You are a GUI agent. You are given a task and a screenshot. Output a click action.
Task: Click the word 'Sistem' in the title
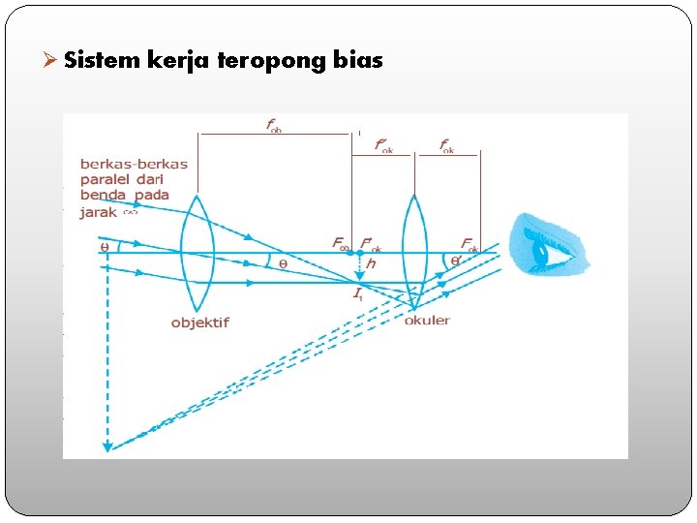click(103, 60)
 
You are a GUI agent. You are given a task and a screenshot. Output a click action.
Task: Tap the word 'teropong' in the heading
click(272, 61)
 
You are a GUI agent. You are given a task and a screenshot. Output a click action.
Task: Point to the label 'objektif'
click(199, 323)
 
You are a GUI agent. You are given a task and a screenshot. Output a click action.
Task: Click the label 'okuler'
click(427, 320)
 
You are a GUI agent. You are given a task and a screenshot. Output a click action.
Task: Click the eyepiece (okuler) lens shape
click(414, 251)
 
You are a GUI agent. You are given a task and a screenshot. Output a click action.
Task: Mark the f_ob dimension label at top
click(274, 125)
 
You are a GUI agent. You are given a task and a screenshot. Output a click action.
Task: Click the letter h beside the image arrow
click(372, 263)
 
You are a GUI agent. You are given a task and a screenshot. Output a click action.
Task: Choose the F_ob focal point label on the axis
click(341, 243)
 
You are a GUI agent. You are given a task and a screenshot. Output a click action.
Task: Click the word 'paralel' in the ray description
click(108, 179)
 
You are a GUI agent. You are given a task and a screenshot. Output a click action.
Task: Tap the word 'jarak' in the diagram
click(98, 211)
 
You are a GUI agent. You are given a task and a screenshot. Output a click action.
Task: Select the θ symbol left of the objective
click(105, 247)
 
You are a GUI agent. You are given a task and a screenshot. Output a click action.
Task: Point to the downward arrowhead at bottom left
click(107, 446)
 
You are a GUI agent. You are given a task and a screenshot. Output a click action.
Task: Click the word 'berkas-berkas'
click(134, 164)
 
